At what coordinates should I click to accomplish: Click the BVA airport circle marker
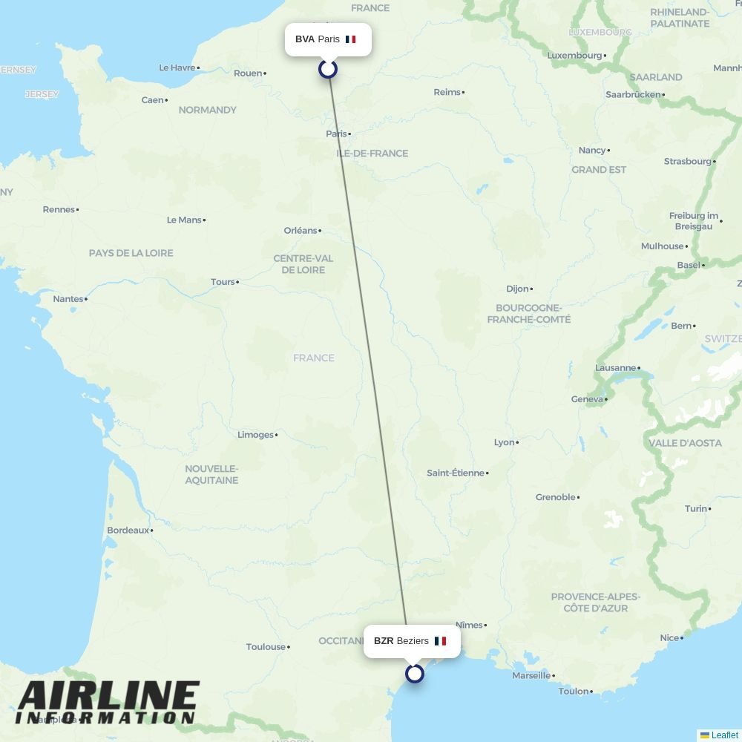coord(328,69)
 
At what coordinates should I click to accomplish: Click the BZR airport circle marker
coord(415,674)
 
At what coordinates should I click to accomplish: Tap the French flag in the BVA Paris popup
coord(351,39)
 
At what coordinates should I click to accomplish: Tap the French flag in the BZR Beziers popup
coord(440,641)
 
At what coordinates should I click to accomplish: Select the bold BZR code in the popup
coord(384,641)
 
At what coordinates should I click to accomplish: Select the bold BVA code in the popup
coord(305,39)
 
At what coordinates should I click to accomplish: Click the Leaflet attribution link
coord(724,735)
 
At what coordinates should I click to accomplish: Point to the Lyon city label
coord(504,442)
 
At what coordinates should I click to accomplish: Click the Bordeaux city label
coord(128,531)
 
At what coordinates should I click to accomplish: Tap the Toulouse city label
coord(266,647)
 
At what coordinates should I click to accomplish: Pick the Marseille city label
coord(531,675)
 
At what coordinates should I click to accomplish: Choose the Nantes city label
coord(68,299)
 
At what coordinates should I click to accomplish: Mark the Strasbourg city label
coord(687,161)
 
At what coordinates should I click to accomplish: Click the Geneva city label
coord(587,399)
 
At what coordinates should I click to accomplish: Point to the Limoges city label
coord(255,435)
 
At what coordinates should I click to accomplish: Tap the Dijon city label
coord(517,289)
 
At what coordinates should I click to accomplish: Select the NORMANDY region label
coord(208,110)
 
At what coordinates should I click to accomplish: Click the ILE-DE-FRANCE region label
coord(372,154)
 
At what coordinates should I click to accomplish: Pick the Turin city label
coord(695,508)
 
